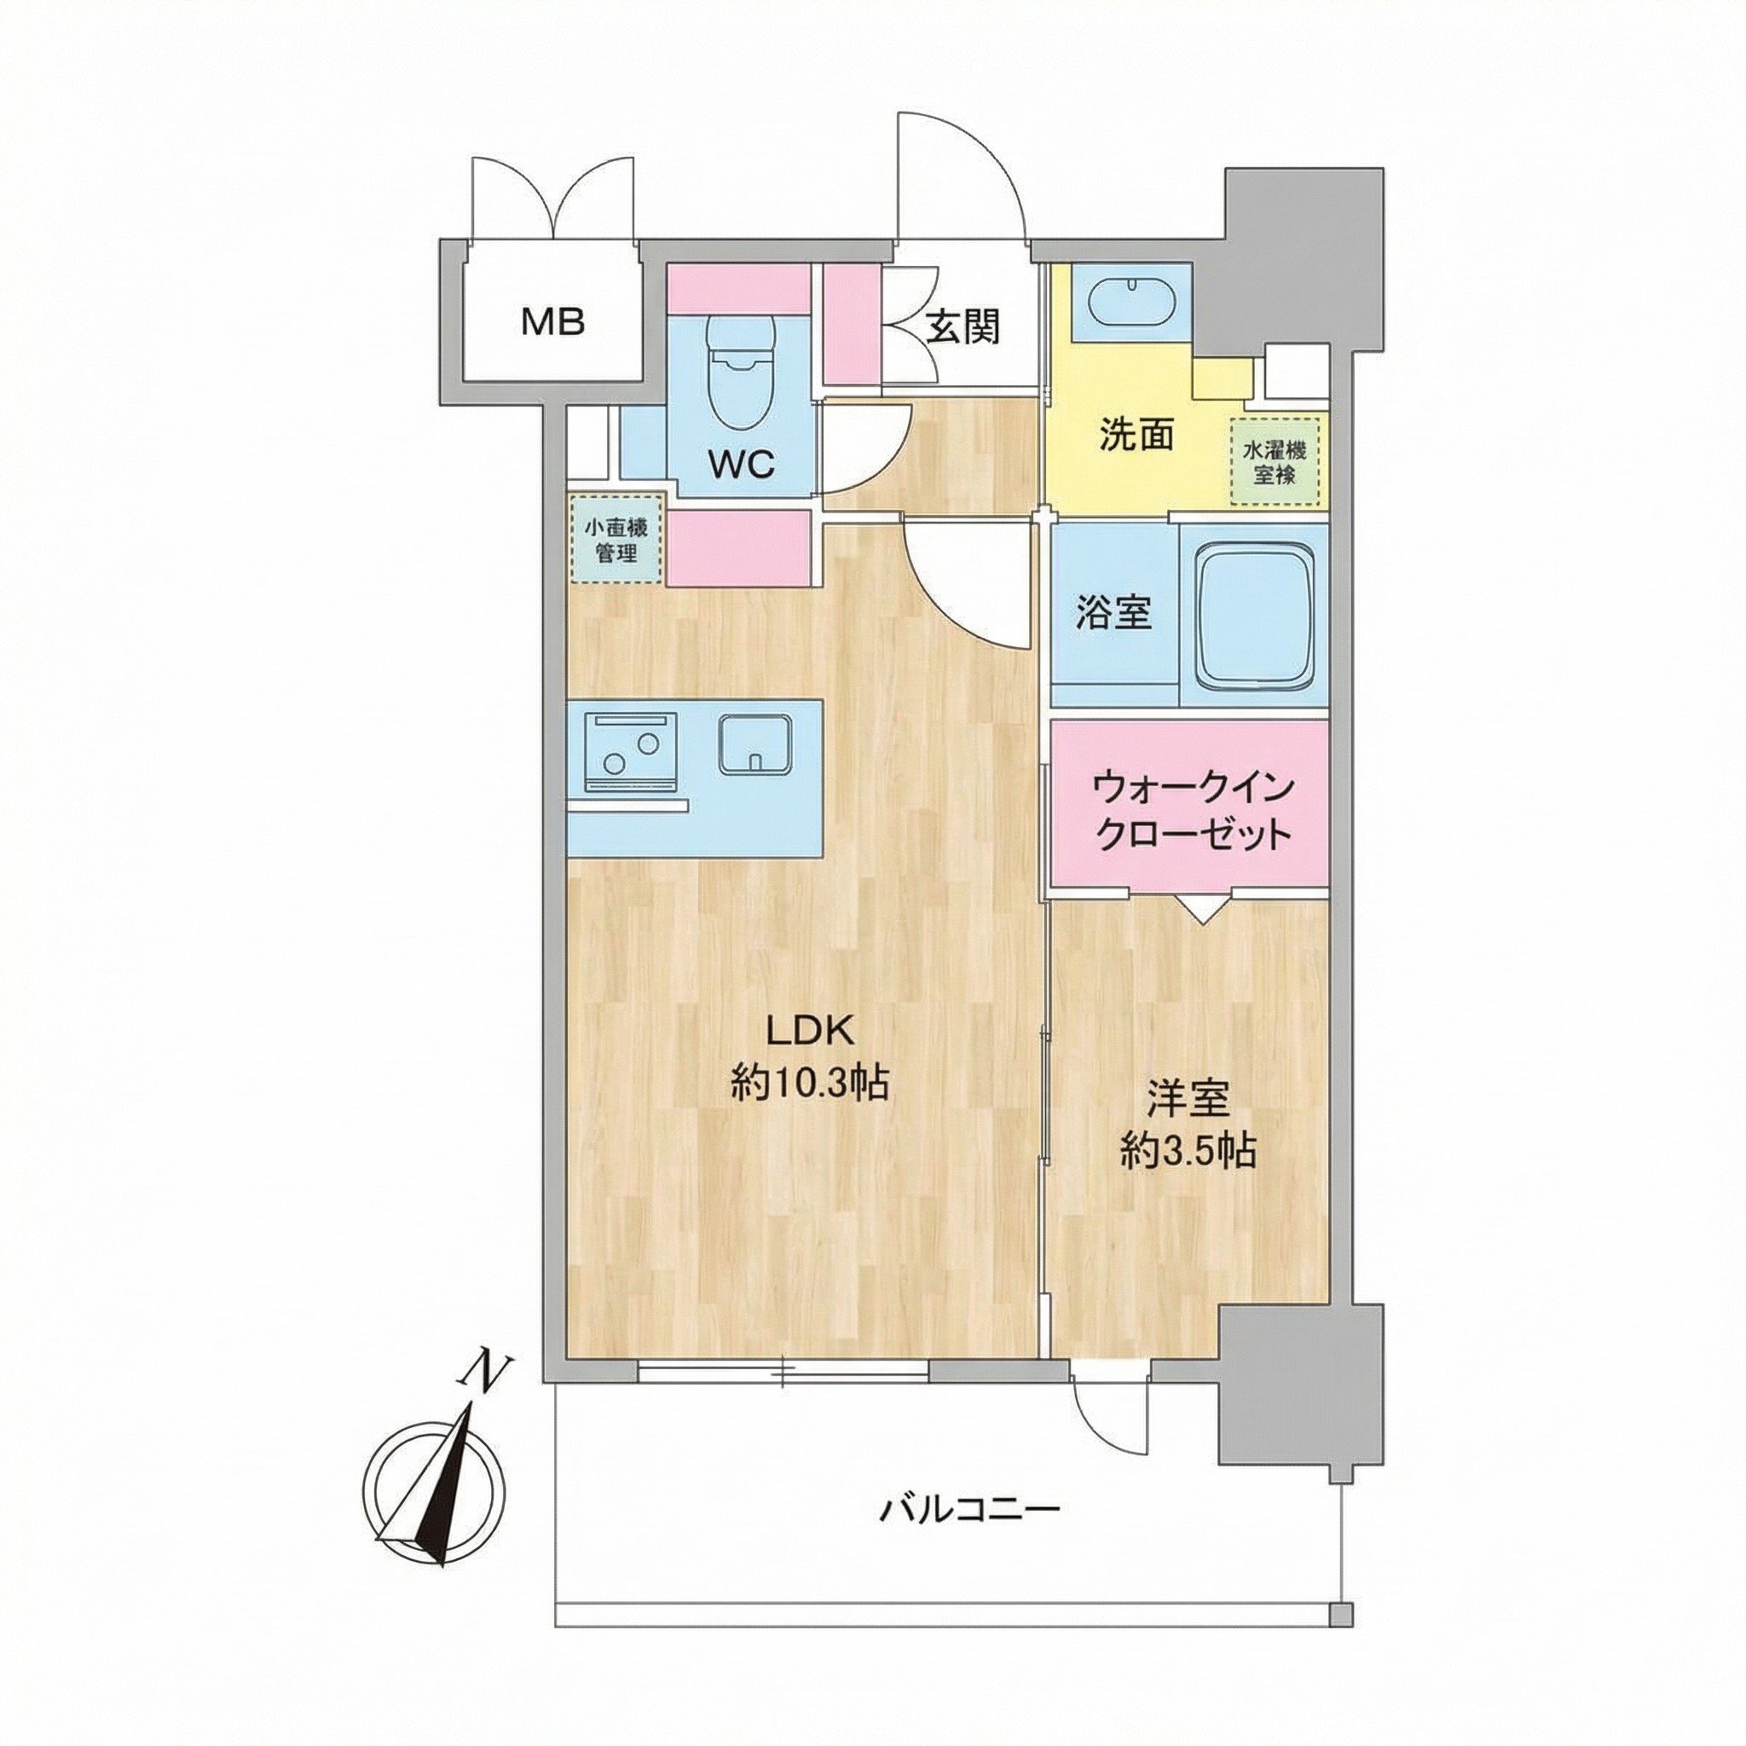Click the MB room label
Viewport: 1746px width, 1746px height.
tap(553, 321)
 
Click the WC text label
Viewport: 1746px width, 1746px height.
tap(741, 465)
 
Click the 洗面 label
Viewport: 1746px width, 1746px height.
tap(1136, 435)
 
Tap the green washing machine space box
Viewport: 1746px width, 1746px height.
tap(1275, 461)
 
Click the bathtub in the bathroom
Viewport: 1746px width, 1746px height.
tap(1252, 620)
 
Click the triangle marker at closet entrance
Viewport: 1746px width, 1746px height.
tap(1201, 908)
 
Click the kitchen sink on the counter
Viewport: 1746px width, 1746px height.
tap(755, 743)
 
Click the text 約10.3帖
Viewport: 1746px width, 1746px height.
tap(810, 1083)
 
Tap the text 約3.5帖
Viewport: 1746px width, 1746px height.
tap(1188, 1150)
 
